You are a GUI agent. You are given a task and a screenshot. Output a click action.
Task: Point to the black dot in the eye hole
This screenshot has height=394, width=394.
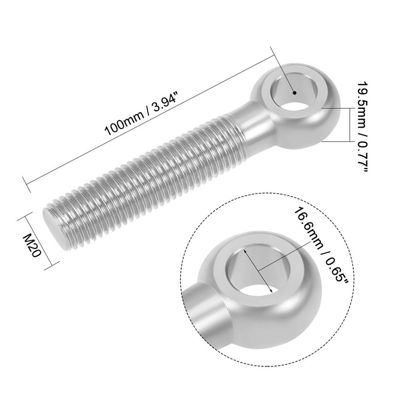pyautogui.click(x=294, y=92)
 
